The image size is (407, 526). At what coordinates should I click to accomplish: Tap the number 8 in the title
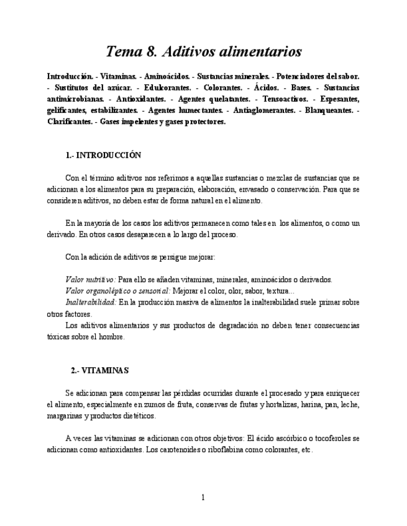[x=155, y=51]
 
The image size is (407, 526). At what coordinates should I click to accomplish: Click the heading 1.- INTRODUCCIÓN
[x=103, y=155]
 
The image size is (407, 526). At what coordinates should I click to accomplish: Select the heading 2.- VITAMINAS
[x=99, y=370]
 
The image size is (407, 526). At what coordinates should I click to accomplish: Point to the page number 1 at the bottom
[x=203, y=497]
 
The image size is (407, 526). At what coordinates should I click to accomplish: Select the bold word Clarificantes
[x=70, y=122]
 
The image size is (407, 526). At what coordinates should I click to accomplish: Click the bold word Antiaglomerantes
[x=264, y=110]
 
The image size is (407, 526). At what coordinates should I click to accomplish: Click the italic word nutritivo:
[x=101, y=280]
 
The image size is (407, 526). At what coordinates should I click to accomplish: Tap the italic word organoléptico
[x=116, y=291]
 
